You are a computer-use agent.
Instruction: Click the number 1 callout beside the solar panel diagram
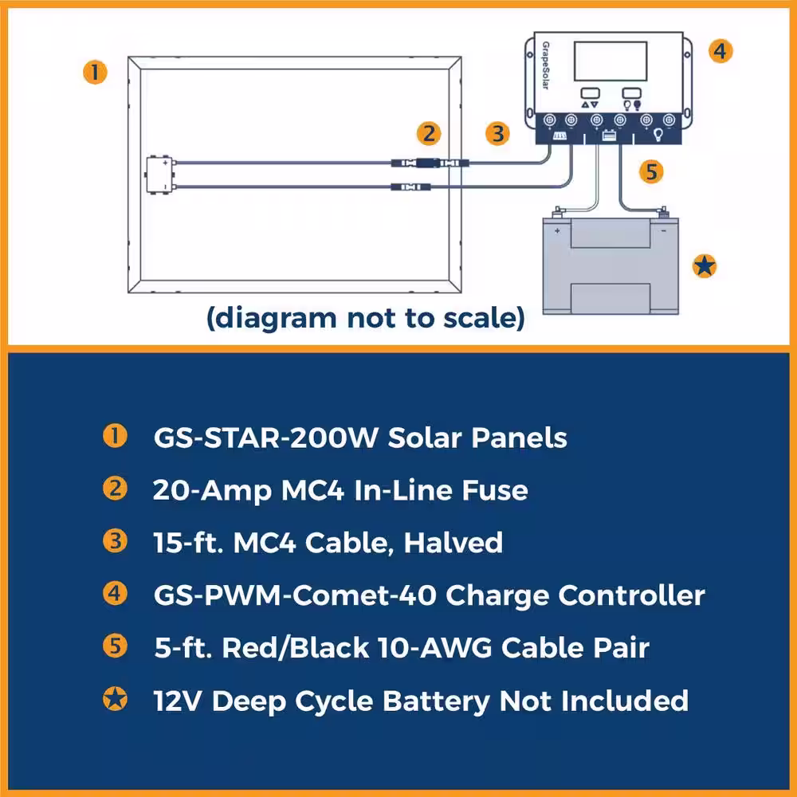tap(95, 73)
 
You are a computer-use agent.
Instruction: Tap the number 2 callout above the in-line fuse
tap(429, 134)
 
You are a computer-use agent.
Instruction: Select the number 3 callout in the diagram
tap(497, 134)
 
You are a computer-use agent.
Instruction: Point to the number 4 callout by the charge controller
tap(720, 51)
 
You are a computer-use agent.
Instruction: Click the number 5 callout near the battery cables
tap(652, 171)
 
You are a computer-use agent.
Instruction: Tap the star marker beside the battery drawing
tap(705, 266)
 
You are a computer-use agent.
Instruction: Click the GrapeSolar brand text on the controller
tap(545, 65)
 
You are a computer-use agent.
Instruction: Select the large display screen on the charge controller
tap(611, 61)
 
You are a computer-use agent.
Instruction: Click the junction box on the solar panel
tap(159, 175)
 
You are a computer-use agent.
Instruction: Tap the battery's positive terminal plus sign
tap(557, 231)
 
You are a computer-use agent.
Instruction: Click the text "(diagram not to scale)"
tap(366, 319)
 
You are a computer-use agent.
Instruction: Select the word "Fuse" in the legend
tap(495, 490)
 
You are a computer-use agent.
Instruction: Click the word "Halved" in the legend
tap(453, 543)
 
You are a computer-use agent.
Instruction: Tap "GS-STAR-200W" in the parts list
tap(266, 438)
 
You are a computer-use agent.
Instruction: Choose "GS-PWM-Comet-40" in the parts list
tap(296, 595)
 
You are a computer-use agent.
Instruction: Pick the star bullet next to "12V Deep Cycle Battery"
tap(116, 699)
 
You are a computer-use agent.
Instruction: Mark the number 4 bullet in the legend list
tap(116, 593)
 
